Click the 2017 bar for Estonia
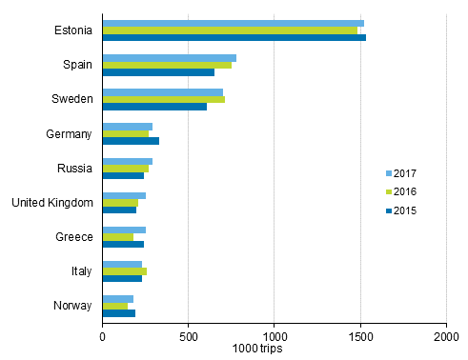[233, 23]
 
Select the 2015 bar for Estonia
[234, 38]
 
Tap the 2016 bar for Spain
[167, 66]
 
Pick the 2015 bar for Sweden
[154, 107]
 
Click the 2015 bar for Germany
[131, 141]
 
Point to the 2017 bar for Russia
[127, 161]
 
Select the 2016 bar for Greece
[118, 237]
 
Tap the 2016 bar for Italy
[124, 271]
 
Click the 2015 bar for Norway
[118, 313]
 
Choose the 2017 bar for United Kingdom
[124, 195]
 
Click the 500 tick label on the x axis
[188, 335]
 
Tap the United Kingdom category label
[51, 203]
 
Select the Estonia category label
[73, 30]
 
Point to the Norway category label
[72, 306]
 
